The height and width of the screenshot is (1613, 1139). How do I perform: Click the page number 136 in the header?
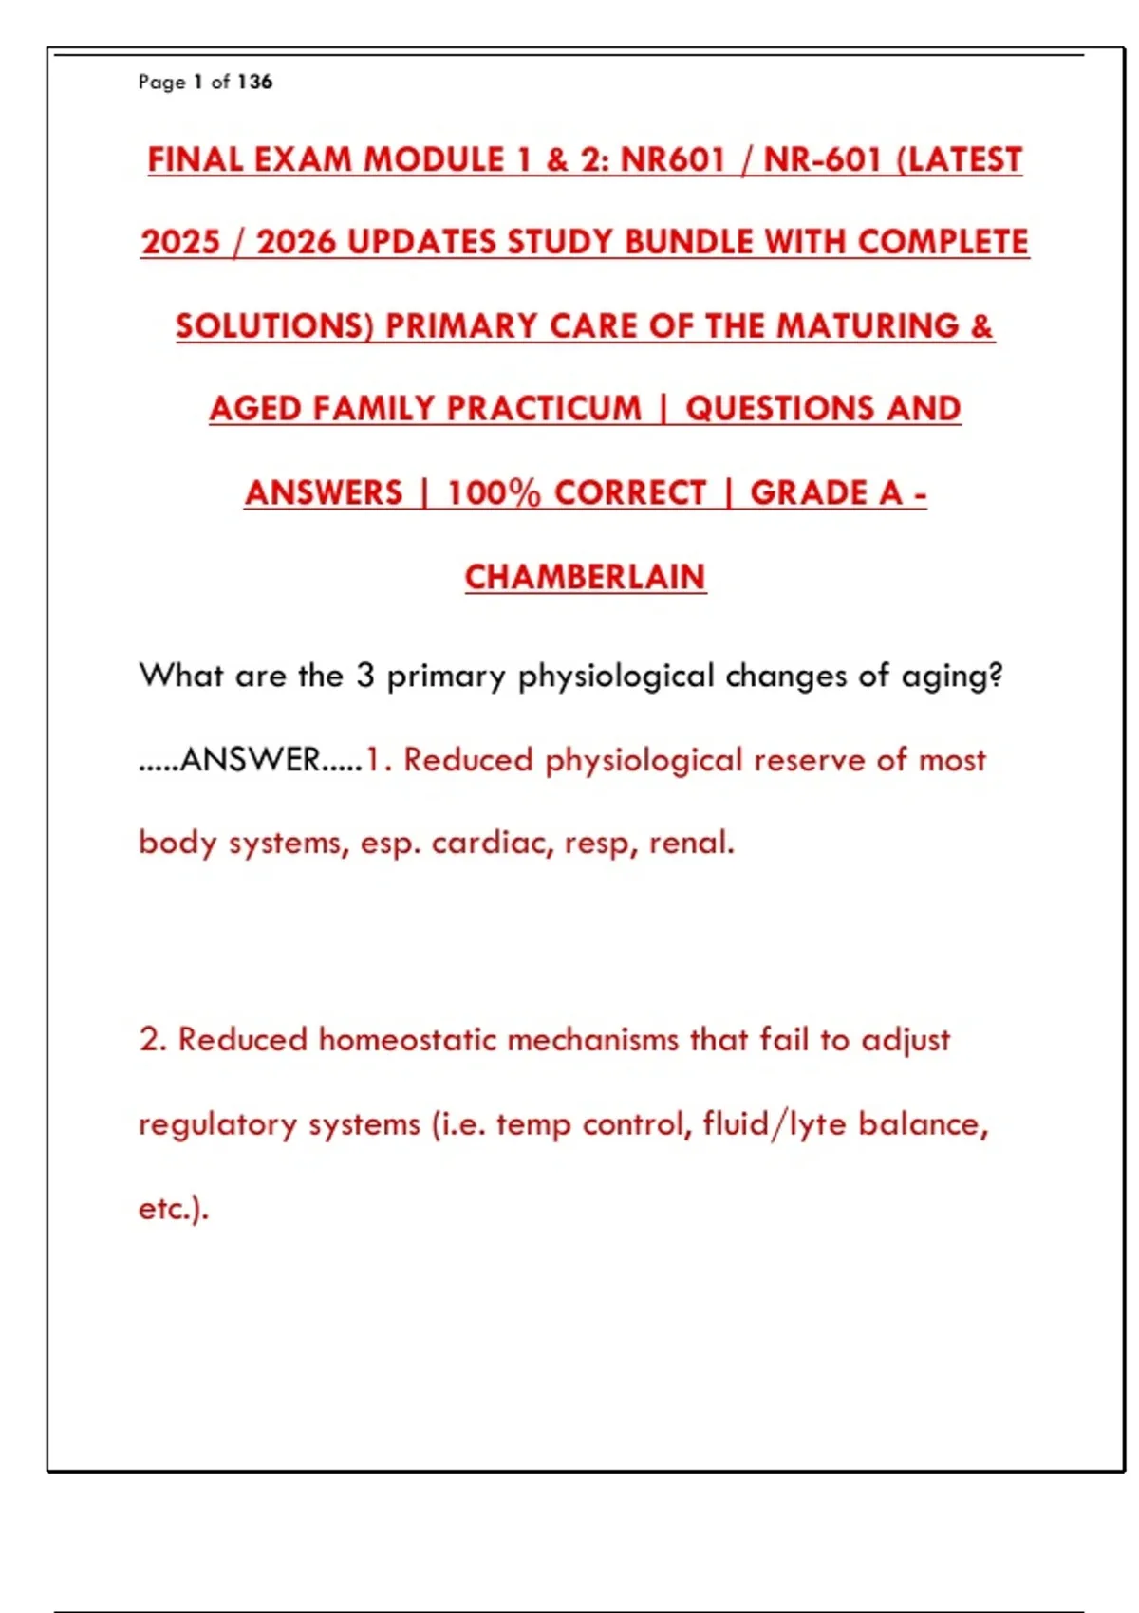tap(255, 83)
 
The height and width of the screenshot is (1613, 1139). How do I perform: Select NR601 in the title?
tap(673, 159)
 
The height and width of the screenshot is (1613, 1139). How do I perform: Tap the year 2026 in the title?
tap(296, 242)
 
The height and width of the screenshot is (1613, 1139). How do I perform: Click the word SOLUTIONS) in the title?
tap(275, 326)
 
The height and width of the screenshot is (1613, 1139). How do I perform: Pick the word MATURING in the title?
tap(868, 326)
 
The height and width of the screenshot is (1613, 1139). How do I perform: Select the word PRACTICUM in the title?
tap(544, 409)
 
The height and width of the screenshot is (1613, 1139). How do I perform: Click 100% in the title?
tap(494, 493)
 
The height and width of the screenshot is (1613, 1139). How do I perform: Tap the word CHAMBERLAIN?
tap(586, 577)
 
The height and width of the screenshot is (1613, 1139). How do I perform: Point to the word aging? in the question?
tap(952, 677)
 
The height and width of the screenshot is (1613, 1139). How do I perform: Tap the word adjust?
tap(906, 1040)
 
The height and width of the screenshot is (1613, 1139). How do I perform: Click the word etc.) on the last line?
tap(174, 1209)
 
